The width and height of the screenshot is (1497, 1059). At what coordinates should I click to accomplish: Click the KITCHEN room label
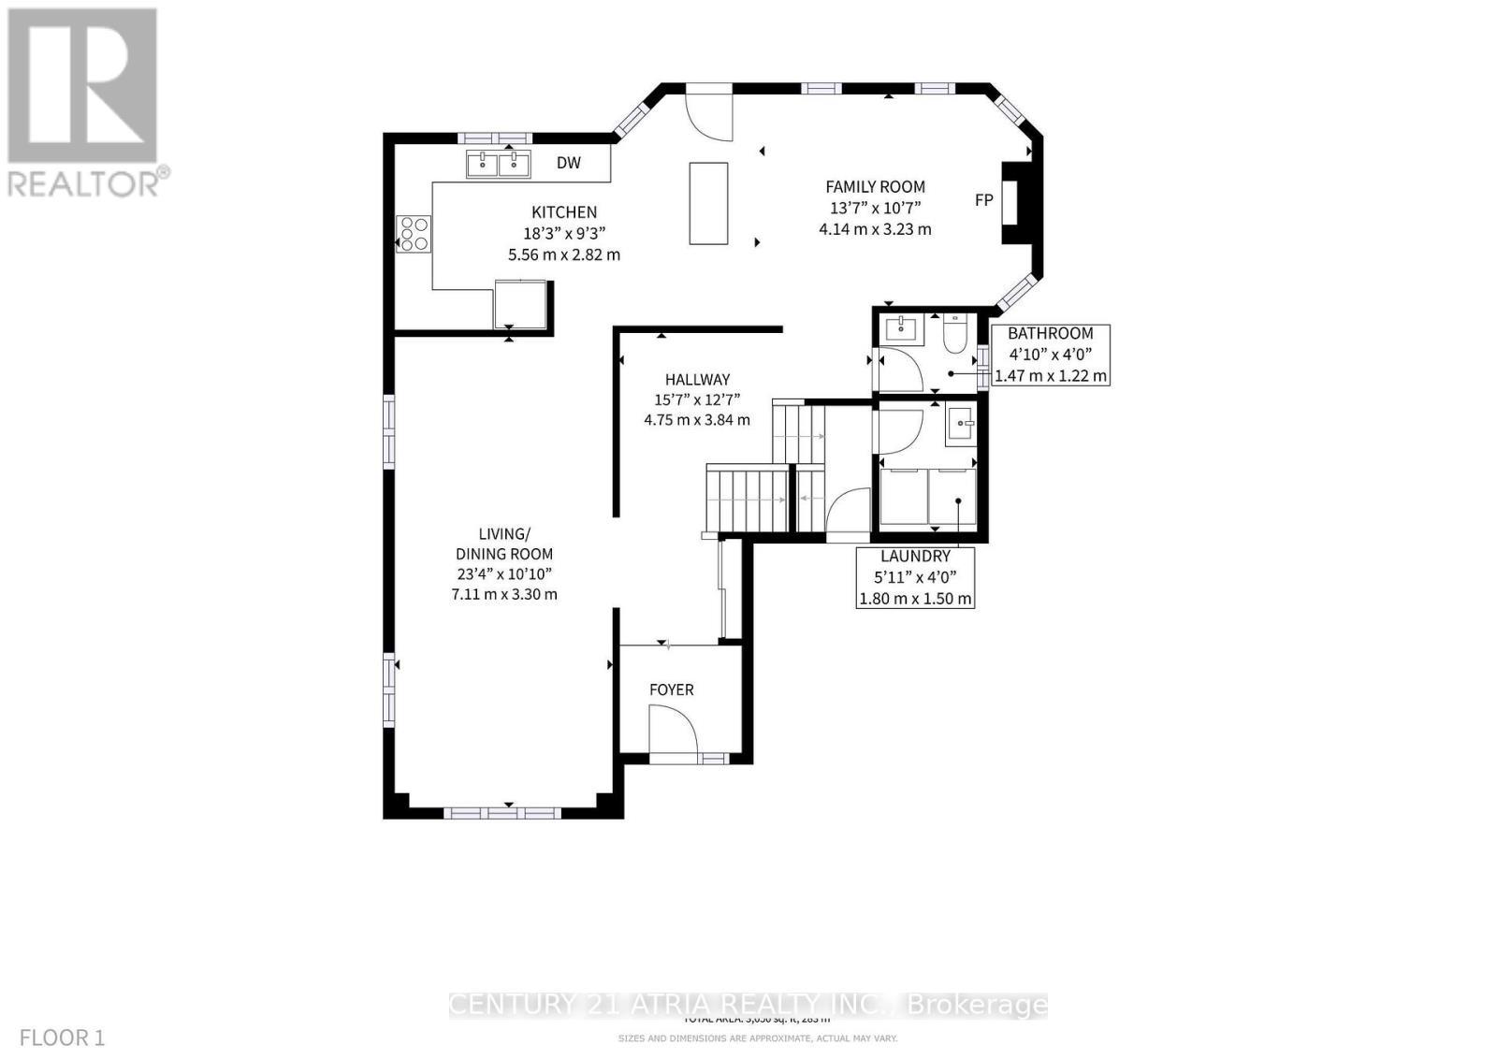[x=563, y=212]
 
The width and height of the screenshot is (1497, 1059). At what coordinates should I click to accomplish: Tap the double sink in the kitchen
[x=499, y=165]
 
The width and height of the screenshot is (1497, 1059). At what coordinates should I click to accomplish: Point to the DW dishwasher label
[x=568, y=163]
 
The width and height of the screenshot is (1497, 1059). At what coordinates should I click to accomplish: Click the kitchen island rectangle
[x=708, y=203]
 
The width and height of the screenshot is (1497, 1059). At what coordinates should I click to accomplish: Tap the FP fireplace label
[x=983, y=200]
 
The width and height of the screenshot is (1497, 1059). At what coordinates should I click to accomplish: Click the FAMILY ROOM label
[x=874, y=187]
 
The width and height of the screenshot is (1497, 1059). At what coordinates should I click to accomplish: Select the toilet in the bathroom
[x=954, y=334]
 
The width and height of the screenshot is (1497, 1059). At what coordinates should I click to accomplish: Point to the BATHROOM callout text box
[x=1050, y=355]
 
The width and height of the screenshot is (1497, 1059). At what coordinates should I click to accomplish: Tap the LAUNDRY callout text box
[x=915, y=577]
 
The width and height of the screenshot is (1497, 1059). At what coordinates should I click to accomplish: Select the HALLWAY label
[x=697, y=380]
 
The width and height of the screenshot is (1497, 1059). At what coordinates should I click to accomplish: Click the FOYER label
[x=672, y=689]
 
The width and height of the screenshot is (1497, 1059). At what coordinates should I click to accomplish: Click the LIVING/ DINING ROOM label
[x=504, y=544]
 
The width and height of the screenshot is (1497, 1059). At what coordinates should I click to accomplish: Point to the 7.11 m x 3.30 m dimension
[x=504, y=594]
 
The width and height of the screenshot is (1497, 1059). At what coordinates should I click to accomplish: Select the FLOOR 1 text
[x=62, y=1037]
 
